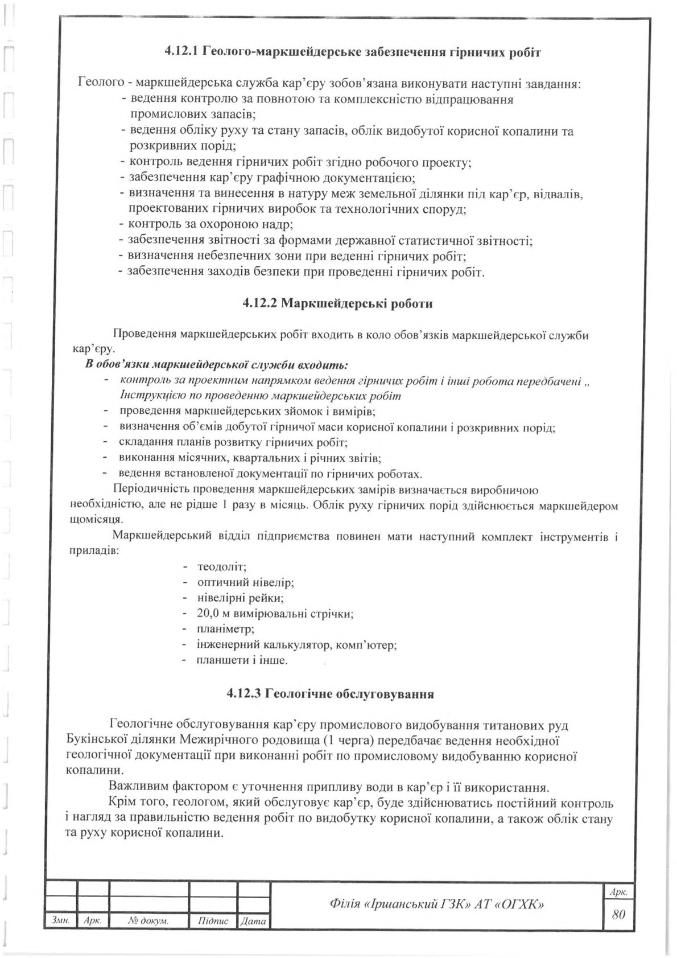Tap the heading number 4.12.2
(x=259, y=303)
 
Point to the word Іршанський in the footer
(x=407, y=903)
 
